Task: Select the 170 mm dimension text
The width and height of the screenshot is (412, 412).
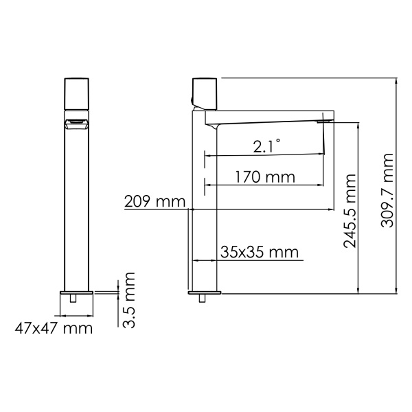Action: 264,177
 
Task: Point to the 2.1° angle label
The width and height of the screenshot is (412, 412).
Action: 266,146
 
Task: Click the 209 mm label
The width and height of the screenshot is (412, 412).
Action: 155,202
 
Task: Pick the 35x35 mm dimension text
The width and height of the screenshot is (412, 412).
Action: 260,252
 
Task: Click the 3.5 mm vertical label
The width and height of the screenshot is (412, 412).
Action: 128,299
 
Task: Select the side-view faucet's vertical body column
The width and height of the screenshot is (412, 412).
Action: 205,206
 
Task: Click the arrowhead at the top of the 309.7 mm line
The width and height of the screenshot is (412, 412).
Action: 398,80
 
